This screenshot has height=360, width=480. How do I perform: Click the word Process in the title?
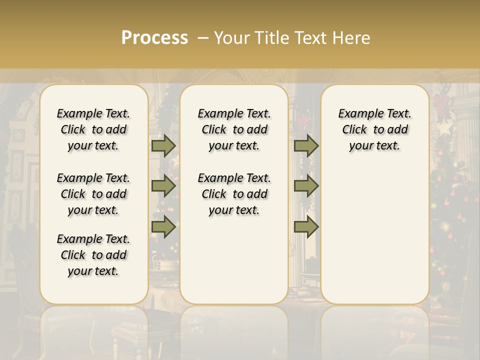pyautogui.click(x=154, y=38)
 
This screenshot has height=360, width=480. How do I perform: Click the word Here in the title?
pyautogui.click(x=351, y=38)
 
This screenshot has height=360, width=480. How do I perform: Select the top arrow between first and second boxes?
pyautogui.click(x=163, y=146)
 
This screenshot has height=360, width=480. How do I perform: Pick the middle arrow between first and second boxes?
pyautogui.click(x=163, y=186)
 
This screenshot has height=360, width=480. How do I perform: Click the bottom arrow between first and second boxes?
pyautogui.click(x=163, y=227)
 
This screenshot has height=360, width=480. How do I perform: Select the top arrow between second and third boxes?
pyautogui.click(x=306, y=146)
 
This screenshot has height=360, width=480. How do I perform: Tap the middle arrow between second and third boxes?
pyautogui.click(x=306, y=186)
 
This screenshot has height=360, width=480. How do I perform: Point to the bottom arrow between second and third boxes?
pyautogui.click(x=306, y=227)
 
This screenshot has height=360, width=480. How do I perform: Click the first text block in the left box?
pyautogui.click(x=93, y=129)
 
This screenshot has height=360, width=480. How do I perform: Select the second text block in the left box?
pyautogui.click(x=93, y=194)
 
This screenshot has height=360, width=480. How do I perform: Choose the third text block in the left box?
pyautogui.click(x=93, y=255)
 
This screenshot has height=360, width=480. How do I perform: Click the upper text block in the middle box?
pyautogui.click(x=234, y=129)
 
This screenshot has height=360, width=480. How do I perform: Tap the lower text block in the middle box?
pyautogui.click(x=234, y=194)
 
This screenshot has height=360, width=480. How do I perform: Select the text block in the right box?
pyautogui.click(x=374, y=129)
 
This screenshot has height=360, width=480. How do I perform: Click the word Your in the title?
pyautogui.click(x=230, y=38)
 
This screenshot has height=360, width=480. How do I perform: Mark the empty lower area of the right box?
pyautogui.click(x=374, y=230)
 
